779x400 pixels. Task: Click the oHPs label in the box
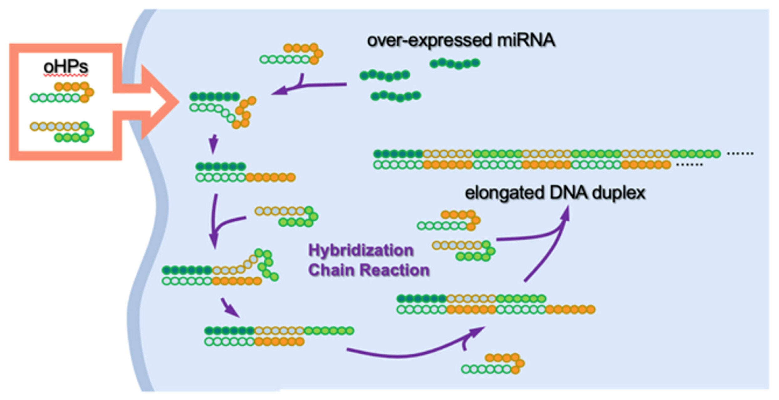(66, 67)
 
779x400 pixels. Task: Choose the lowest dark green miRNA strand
(396, 96)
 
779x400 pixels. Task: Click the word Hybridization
(361, 250)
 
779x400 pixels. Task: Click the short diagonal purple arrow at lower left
(230, 308)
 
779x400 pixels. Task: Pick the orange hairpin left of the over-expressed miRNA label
(291, 54)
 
